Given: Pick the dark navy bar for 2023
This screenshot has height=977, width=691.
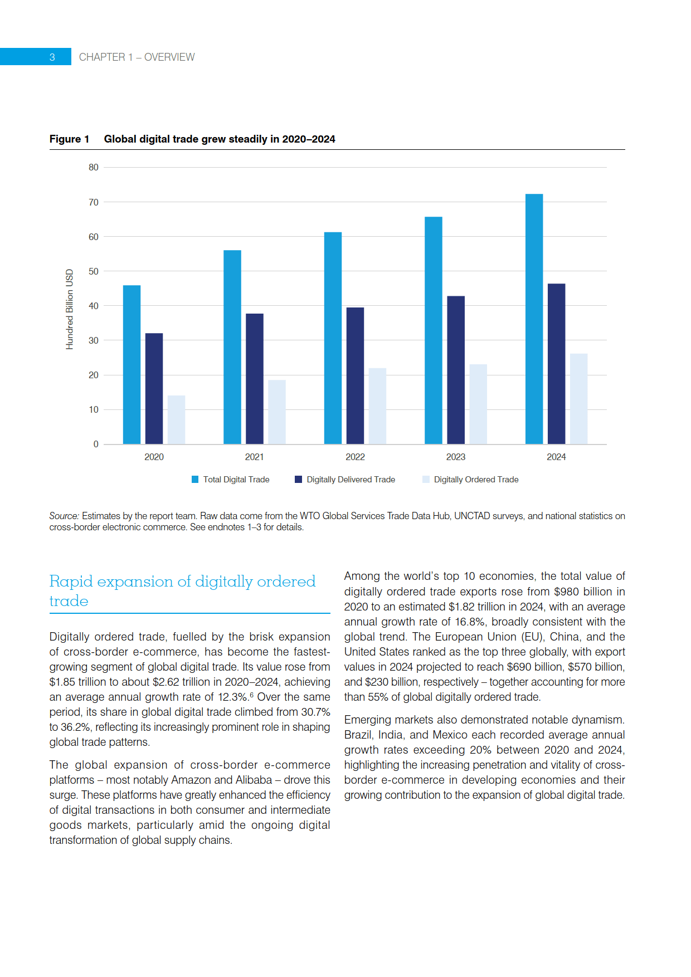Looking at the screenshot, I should (456, 370).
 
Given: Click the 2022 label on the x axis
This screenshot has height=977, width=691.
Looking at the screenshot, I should (355, 457).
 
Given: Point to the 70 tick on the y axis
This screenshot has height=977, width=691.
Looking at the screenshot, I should (94, 202).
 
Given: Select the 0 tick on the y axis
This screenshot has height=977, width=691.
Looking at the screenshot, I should (96, 444).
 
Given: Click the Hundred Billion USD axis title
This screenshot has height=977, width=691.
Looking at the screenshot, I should (70, 309).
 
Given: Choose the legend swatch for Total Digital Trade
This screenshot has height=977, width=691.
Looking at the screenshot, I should (195, 480).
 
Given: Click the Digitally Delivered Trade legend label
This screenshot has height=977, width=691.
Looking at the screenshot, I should (351, 480).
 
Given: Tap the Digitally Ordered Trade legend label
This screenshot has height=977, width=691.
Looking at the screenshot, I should (476, 480).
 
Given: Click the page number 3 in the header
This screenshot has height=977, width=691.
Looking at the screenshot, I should (52, 57).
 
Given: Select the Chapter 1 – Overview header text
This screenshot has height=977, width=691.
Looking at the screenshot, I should (137, 57).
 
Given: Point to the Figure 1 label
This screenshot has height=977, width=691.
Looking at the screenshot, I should (69, 139).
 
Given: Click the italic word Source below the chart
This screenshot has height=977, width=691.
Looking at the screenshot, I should (64, 516).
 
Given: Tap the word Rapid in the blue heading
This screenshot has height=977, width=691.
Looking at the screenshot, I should (71, 582).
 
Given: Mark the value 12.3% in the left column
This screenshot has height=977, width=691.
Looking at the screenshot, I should (232, 697).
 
